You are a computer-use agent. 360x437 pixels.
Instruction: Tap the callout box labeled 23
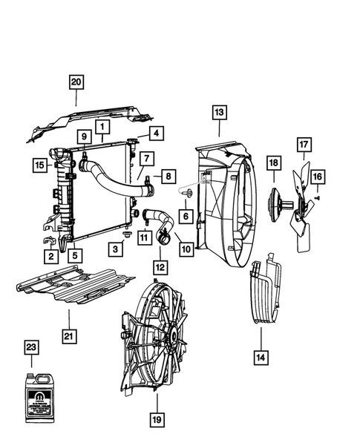tap(30, 346)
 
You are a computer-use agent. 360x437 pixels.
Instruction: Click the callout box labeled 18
tap(273, 162)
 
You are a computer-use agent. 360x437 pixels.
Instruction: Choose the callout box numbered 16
tap(317, 176)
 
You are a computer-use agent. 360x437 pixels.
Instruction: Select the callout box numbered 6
tap(186, 215)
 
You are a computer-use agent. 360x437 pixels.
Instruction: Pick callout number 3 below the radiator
tap(117, 249)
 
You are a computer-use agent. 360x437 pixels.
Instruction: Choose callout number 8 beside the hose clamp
tap(168, 177)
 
